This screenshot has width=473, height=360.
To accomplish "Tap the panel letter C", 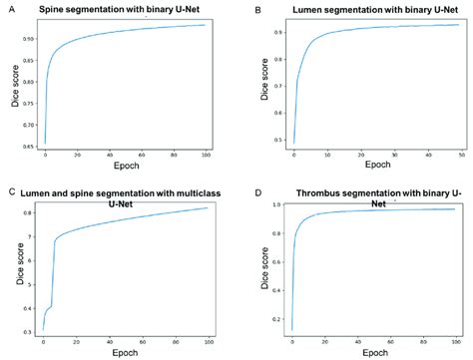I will (x=10, y=190).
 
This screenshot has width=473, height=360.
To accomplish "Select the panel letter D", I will (x=258, y=190).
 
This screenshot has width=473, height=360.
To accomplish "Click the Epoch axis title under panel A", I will (x=125, y=168).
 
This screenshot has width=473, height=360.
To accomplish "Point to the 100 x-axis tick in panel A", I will (x=205, y=155).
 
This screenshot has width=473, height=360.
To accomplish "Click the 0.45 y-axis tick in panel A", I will (x=26, y=147).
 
